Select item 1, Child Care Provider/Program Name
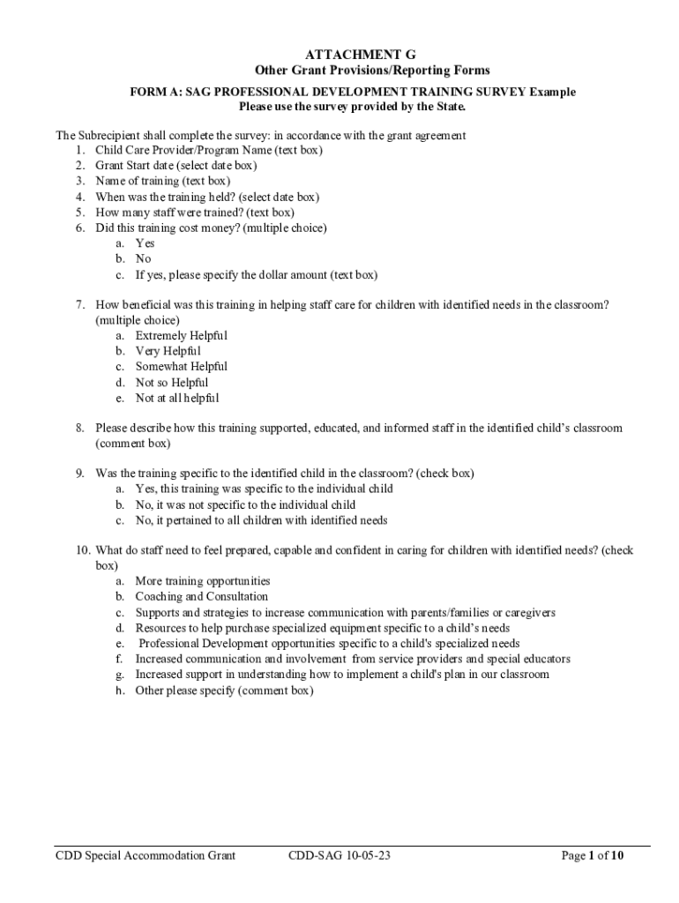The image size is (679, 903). pos(208,150)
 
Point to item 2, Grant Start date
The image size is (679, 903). pos(175,166)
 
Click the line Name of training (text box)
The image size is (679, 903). pos(162,182)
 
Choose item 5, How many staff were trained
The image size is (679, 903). pos(194,213)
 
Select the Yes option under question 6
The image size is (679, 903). pos(145,243)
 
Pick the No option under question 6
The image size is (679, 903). pos(143,259)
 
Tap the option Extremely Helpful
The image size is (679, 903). pos(181,336)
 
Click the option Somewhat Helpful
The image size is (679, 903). pos(181,367)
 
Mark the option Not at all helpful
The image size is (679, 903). pos(177,398)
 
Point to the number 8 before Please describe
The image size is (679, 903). pos(79,429)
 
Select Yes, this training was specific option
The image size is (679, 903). pos(264,489)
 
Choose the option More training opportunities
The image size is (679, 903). pos(203,581)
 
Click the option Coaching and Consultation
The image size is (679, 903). pos(201,597)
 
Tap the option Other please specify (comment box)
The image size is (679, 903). pos(224,690)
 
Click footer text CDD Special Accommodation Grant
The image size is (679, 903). pos(145,855)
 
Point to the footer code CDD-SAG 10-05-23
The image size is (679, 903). pos(339,855)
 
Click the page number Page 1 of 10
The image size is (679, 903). pos(593,855)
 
